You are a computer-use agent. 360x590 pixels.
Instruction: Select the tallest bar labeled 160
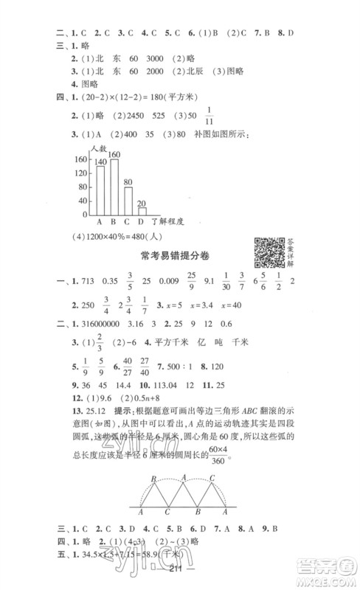(114, 185)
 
